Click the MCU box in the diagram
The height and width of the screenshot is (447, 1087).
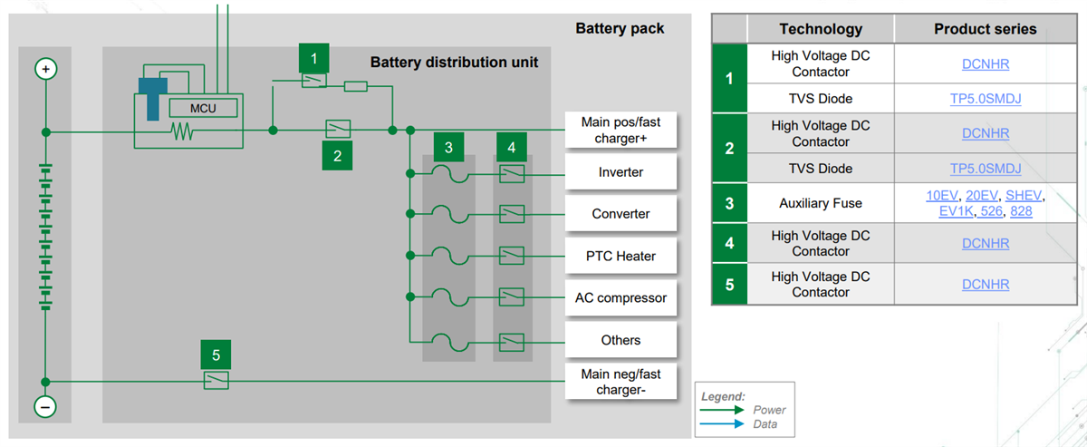pos(203,109)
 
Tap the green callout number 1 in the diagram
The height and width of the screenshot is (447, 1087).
pos(313,58)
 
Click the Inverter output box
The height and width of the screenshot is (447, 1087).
pos(620,172)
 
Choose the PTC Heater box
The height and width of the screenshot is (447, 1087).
pos(620,256)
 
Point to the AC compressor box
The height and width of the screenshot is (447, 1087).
pos(620,297)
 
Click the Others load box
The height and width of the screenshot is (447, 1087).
pos(620,340)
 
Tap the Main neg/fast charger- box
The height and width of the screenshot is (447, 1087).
pos(620,383)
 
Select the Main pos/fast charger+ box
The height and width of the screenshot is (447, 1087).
pos(620,131)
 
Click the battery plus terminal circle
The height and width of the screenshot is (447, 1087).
pos(45,69)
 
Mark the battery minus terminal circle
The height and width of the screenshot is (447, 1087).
pos(45,407)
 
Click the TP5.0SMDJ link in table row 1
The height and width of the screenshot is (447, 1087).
pos(985,99)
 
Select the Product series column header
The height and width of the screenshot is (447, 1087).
pos(985,29)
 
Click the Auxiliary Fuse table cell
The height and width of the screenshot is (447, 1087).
pos(821,204)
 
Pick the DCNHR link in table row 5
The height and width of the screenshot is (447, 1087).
pos(985,285)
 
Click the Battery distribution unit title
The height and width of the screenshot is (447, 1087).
pos(454,63)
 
